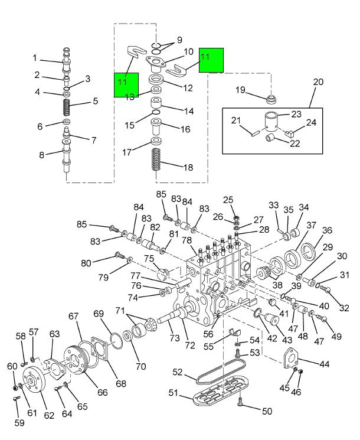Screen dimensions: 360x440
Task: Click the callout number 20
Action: click(318, 82)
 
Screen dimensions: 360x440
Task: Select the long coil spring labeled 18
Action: click(155, 159)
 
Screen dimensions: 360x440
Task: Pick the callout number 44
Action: click(325, 364)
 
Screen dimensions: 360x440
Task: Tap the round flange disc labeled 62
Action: click(34, 380)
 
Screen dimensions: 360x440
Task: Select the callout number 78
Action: click(186, 240)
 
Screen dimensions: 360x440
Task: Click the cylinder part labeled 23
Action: click(271, 121)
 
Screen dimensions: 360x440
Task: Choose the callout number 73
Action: click(174, 338)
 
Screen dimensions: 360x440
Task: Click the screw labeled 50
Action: click(240, 402)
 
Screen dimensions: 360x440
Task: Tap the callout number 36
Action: click(327, 230)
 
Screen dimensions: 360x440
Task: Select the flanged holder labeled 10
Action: click(155, 63)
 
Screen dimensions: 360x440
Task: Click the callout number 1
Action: click(34, 58)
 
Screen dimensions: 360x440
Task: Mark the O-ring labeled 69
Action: click(116, 341)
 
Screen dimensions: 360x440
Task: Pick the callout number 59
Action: click(19, 423)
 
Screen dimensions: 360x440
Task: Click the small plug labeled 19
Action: click(271, 99)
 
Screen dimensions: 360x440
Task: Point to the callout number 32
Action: click(344, 308)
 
